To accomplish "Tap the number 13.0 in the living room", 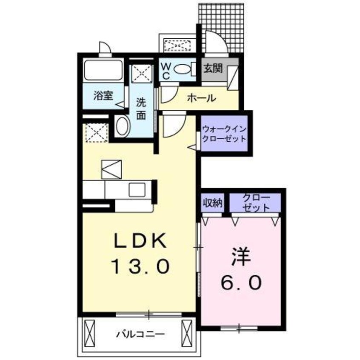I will [x=141, y=267].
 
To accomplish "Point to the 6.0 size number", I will [x=240, y=283].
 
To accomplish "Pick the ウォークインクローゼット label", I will [x=224, y=134].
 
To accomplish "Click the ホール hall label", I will [x=200, y=98].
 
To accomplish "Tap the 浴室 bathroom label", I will [x=103, y=96].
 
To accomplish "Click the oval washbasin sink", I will [x=123, y=126].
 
